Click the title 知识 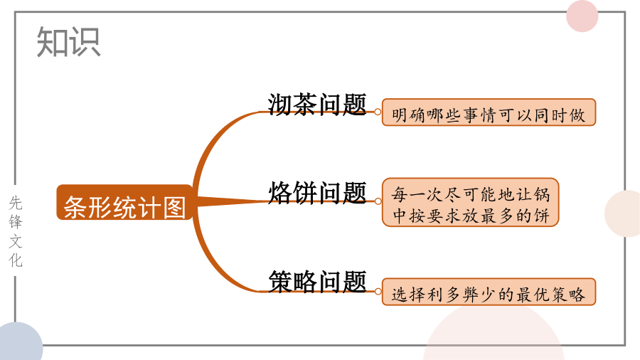pos(68,42)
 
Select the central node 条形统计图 pos(124,203)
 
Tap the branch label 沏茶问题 pos(316,104)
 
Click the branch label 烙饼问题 pos(316,193)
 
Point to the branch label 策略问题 pos(316,281)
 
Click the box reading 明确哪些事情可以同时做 pos(489,112)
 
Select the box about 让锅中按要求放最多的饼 pos(470,202)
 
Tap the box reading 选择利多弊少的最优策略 pos(489,292)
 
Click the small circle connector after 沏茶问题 pos(378,112)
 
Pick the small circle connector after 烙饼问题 pos(378,201)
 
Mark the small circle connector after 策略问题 pos(378,292)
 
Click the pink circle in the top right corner pos(582,16)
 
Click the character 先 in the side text pos(16,203)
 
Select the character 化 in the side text pos(16,260)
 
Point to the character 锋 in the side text pos(16,222)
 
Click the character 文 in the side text pos(16,240)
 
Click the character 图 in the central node pos(174,207)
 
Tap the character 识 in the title pos(85,42)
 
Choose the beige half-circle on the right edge pos(623,213)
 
